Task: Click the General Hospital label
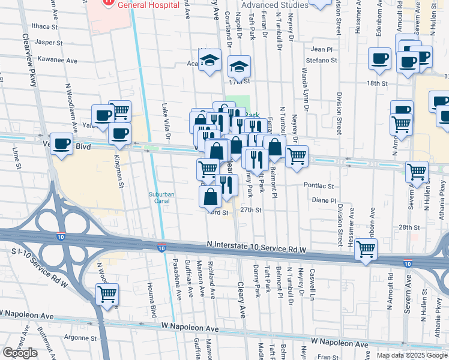point(148,4)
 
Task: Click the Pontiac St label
point(318,186)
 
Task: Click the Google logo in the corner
point(20,353)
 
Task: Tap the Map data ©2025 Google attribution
point(412,355)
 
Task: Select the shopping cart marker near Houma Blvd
point(107,295)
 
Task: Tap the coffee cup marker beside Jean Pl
point(379,59)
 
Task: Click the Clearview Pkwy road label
point(31,84)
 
